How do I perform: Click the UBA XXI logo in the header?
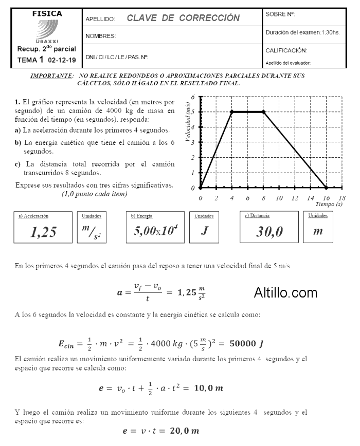click(x=47, y=32)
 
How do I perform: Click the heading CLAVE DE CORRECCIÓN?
click(x=183, y=18)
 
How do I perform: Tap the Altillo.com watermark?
click(x=285, y=293)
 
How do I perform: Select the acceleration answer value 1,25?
click(x=43, y=232)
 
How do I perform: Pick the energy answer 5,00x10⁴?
click(x=155, y=231)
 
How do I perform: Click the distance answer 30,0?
click(x=269, y=232)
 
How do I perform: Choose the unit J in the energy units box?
click(x=204, y=231)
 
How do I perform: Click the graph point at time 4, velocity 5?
click(x=232, y=112)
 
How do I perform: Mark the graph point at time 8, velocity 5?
click(x=263, y=112)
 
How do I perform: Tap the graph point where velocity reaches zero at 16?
click(x=327, y=188)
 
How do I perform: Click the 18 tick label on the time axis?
click(x=343, y=198)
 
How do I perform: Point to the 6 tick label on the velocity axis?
click(x=193, y=97)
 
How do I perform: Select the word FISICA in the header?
click(x=47, y=13)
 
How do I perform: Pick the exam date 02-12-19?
click(x=62, y=60)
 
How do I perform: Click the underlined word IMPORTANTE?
click(x=51, y=76)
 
